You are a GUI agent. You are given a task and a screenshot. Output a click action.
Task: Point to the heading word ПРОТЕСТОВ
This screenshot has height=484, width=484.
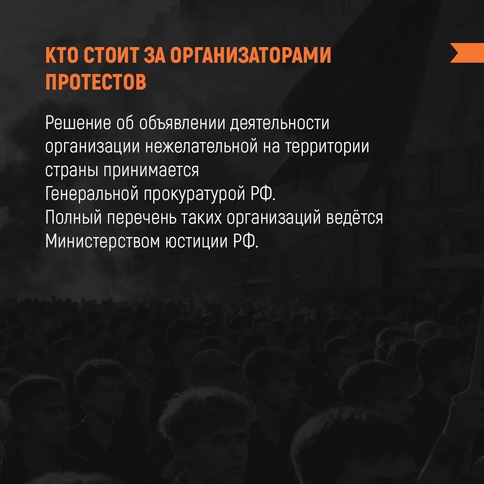coord(96,82)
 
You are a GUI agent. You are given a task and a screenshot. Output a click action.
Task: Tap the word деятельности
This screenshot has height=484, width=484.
coord(279,123)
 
